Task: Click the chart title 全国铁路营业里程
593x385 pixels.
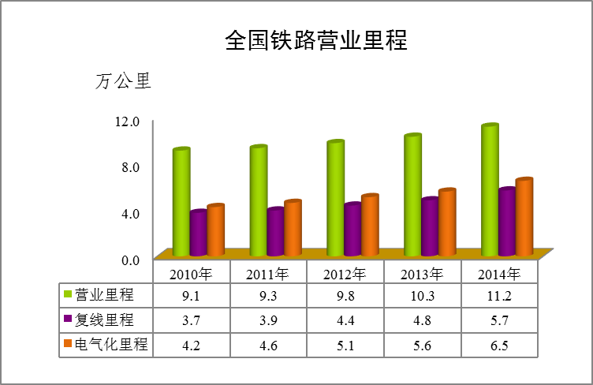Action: point(315,40)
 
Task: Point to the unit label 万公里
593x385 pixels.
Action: point(122,81)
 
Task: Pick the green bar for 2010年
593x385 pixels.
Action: point(181,203)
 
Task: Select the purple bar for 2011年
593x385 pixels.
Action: point(275,233)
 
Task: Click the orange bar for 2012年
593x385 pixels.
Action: point(369,226)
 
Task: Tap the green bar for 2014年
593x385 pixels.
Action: point(490,191)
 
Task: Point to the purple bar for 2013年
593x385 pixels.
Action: point(429,227)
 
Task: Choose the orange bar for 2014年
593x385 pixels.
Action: point(524,218)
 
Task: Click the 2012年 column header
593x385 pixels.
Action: point(345,274)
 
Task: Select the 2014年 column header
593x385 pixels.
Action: point(499,274)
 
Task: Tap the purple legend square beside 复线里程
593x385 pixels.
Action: point(68,320)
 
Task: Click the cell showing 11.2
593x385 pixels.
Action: point(499,294)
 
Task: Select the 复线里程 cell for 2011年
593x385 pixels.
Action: point(267,320)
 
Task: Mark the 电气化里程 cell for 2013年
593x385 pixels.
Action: point(422,345)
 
